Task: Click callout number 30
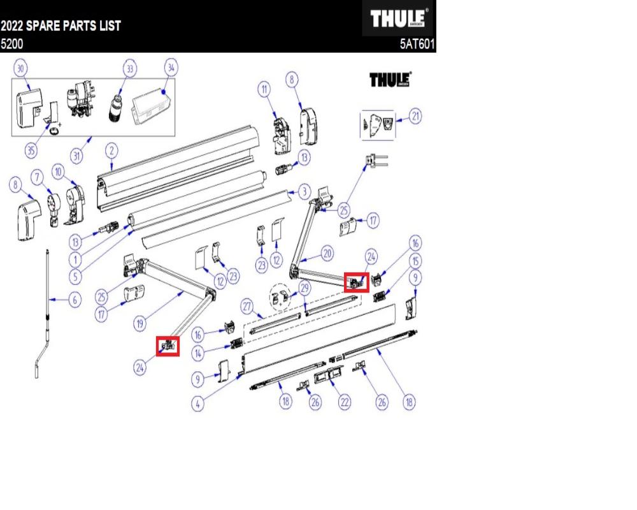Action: pos(20,68)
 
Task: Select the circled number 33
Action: pos(130,68)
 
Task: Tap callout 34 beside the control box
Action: pos(170,68)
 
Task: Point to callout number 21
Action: pos(416,117)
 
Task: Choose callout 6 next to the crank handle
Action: pos(75,298)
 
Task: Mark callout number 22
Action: pos(345,402)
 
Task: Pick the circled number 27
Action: pos(246,307)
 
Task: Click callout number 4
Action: pos(199,404)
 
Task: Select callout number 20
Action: pos(327,254)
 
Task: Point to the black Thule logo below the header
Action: pos(390,80)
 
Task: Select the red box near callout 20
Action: pos(357,282)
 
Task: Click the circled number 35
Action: pos(31,150)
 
